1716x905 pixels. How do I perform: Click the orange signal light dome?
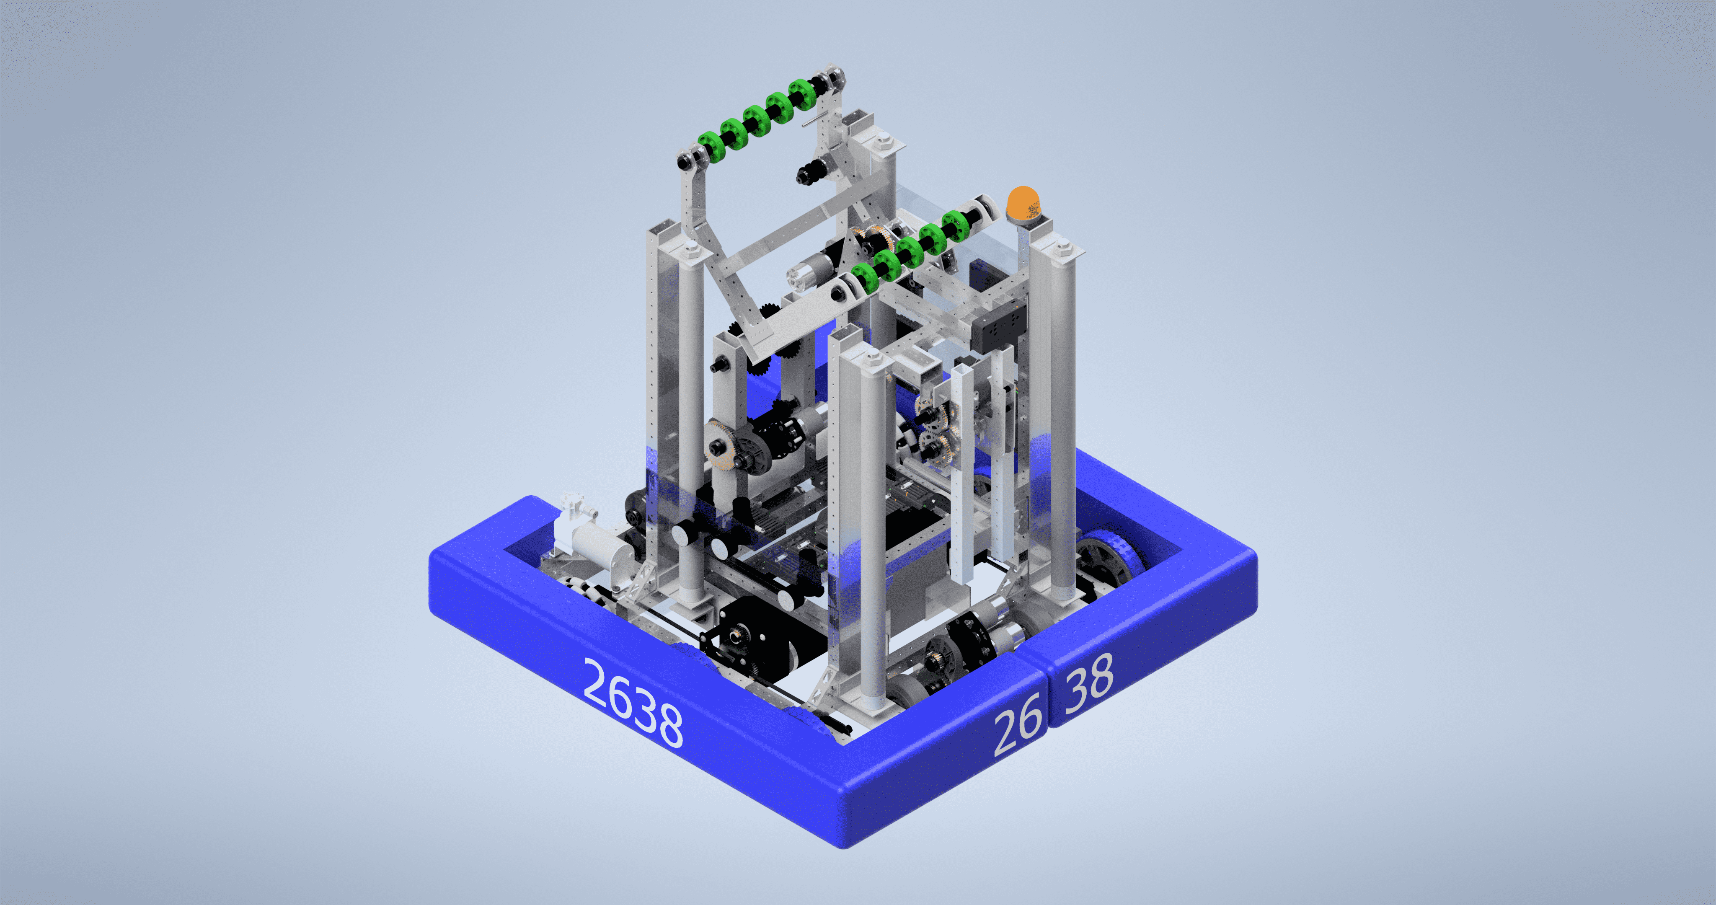[1024, 203]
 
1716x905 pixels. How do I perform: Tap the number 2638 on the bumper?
[633, 702]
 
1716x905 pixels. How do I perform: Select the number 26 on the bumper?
[1018, 724]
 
